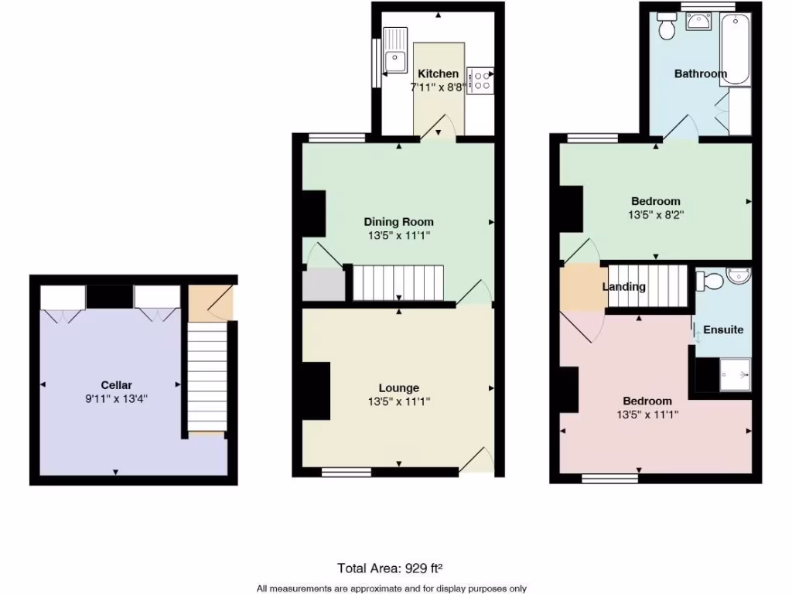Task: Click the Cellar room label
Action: point(116,385)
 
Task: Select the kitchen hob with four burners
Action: point(480,79)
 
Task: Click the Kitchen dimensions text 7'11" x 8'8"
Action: point(439,87)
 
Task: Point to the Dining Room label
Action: point(399,222)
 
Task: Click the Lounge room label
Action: point(399,387)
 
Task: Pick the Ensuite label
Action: point(723,329)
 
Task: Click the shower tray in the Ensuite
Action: point(736,374)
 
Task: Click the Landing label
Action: point(623,287)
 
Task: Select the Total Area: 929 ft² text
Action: point(390,568)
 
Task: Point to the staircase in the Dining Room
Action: point(399,282)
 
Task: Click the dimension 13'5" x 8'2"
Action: point(656,216)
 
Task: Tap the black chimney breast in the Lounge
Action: point(316,391)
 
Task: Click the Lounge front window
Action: point(346,471)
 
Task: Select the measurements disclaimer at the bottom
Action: point(391,588)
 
